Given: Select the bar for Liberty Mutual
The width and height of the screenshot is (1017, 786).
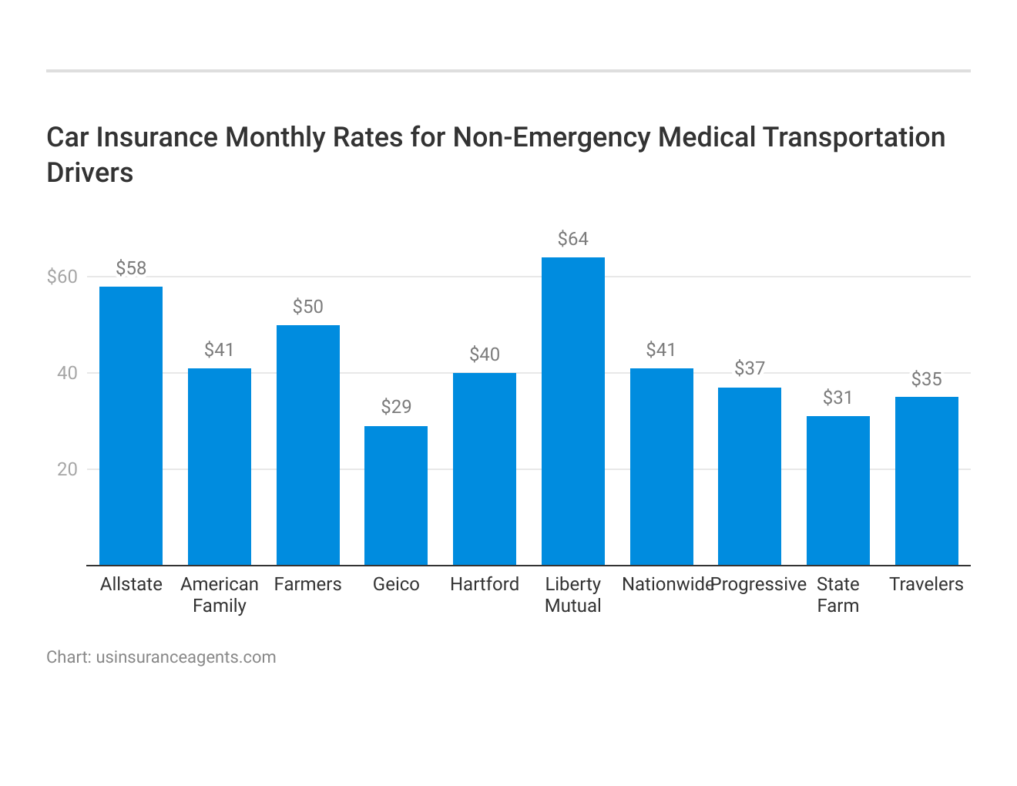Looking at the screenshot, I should point(572,411).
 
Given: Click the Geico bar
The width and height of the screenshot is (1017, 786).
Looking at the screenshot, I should point(396,495).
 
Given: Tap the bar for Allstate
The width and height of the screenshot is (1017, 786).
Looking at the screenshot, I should point(131,426).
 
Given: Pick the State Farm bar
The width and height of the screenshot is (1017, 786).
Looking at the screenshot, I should point(837,491).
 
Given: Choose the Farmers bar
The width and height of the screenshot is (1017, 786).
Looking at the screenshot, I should point(307,445).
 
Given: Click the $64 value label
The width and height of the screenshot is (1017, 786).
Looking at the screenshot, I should point(572,239).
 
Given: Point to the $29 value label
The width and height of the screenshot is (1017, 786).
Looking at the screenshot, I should point(396,407).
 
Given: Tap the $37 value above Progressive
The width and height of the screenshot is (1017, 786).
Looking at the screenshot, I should point(749,368).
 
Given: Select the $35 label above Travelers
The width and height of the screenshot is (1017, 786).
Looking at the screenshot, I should point(926,379).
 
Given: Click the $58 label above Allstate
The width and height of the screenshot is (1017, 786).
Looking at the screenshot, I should point(131,268).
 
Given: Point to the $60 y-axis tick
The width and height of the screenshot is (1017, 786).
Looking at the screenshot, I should point(62,277).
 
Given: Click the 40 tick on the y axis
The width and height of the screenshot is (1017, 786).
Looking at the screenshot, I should point(68,373).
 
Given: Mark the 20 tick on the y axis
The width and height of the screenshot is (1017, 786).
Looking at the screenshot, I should point(68,469).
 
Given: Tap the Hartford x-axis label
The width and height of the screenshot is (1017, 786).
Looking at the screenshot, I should point(485,584).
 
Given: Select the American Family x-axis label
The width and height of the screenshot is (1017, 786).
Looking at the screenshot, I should point(220,595).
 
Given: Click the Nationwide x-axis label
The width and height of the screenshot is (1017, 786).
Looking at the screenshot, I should point(667,584).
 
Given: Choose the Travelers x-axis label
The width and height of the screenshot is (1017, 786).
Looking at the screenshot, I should point(926,584).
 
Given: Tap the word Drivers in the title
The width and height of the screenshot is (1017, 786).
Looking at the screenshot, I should point(90,173).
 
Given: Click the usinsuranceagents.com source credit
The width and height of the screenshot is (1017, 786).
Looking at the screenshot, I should point(186,657).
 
